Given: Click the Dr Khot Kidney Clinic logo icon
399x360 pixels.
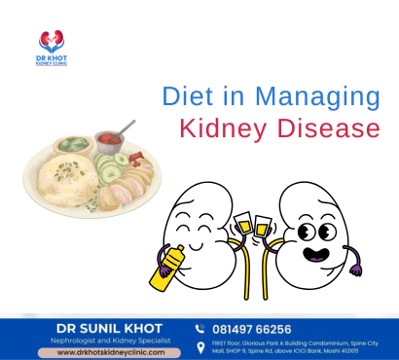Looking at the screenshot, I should (x=51, y=41).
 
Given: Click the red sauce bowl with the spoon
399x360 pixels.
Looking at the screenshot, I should (x=108, y=142).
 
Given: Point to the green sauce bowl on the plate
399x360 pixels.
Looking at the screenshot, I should (x=73, y=146).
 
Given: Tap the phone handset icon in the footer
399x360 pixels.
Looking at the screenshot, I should (x=200, y=329).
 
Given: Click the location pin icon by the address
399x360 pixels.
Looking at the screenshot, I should (x=200, y=347).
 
